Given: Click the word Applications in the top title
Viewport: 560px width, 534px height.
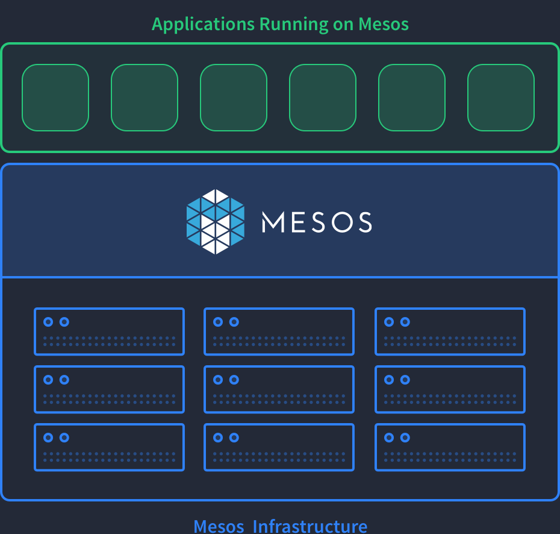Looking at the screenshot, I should coord(203,25).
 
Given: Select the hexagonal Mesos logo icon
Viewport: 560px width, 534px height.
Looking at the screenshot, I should coord(216,222).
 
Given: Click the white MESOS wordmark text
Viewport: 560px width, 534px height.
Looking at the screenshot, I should coord(317,222).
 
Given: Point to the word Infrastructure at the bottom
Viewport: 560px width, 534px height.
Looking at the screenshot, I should coord(310,526).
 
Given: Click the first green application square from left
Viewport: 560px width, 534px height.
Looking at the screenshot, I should coord(55,98).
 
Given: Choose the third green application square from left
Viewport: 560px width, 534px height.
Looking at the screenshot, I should coord(234,98).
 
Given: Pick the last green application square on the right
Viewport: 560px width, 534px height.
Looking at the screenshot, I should coord(501,98).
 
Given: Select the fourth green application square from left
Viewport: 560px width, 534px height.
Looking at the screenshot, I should coord(323,98).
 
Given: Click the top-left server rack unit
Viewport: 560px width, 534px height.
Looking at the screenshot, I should coord(109,331).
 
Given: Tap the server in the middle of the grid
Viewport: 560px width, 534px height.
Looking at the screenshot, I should coord(279,389).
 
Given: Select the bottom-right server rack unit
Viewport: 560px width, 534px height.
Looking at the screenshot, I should coord(450,447).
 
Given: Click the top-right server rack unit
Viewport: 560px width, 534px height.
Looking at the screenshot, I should coord(450,331).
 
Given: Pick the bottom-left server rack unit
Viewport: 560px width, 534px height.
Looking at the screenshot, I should coord(109,447).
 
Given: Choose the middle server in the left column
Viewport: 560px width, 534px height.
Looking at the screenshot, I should coord(109,389).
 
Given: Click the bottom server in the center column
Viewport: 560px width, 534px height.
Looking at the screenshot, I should coord(279,447).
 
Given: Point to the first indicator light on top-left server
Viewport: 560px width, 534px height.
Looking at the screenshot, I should coord(48,322).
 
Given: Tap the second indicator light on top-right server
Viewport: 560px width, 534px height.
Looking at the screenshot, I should coord(405,322).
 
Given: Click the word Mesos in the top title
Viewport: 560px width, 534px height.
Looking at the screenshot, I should coord(384,25).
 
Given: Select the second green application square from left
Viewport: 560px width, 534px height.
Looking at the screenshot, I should coord(145,98).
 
